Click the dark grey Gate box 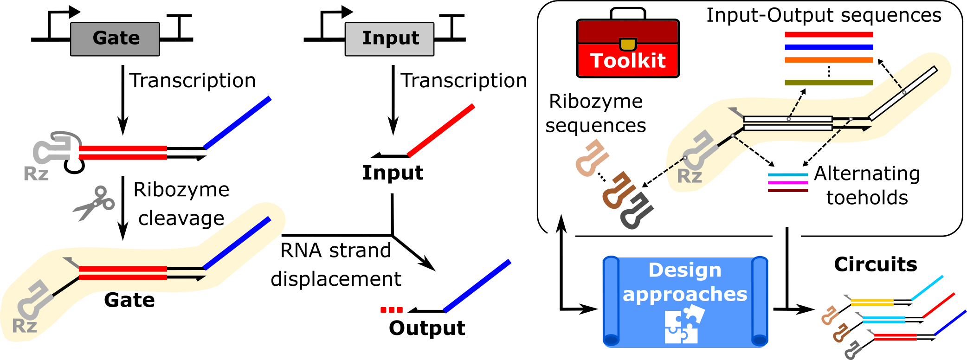coord(115,39)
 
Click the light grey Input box coord(389,39)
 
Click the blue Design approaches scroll coord(685,301)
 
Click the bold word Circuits coord(875,264)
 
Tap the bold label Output coord(427,328)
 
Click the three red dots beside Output coord(391,310)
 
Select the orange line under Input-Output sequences coord(829,60)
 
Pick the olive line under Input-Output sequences coord(829,83)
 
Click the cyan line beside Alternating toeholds coord(788,175)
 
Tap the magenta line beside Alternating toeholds coord(788,183)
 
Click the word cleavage coord(181,218)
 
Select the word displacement coord(335,279)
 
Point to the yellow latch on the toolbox coord(628,44)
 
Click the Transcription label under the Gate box coord(193,81)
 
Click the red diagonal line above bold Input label coord(441,130)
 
